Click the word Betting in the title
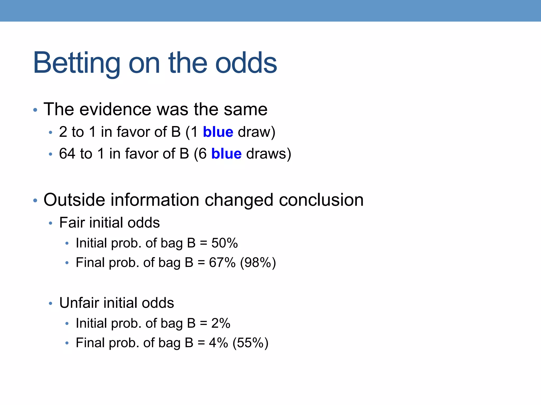click(x=77, y=63)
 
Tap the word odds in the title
click(x=246, y=63)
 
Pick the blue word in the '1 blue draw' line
click(x=218, y=132)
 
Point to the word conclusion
click(x=321, y=200)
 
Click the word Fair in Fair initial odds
click(x=72, y=223)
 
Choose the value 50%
click(x=225, y=243)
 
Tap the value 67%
click(x=222, y=263)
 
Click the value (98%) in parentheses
click(x=258, y=263)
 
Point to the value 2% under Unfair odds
click(x=221, y=323)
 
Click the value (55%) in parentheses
click(x=250, y=343)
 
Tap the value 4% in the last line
click(x=218, y=343)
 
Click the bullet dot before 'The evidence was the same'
click(x=35, y=110)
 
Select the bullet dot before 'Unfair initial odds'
click(x=51, y=303)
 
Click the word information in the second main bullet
click(x=155, y=200)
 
